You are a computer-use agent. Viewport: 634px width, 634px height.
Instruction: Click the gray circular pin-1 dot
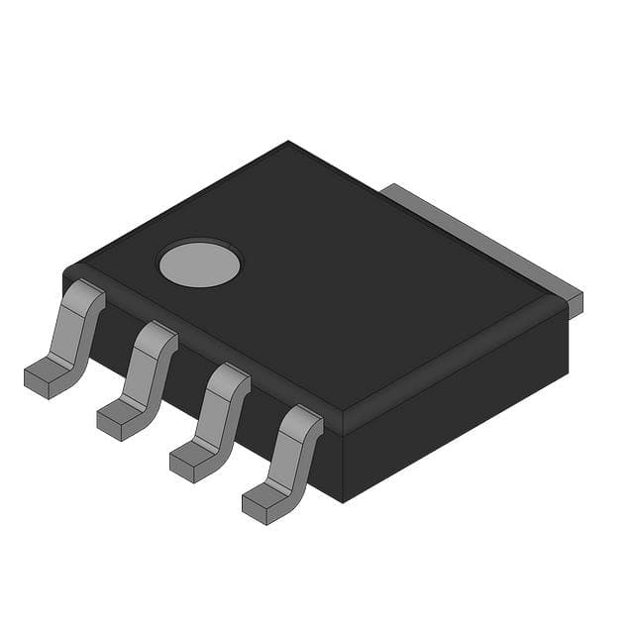pyautogui.click(x=199, y=263)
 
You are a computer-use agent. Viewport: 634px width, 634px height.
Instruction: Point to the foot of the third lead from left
pyautogui.click(x=191, y=462)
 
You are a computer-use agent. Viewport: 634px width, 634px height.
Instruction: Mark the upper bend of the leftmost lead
pyautogui.click(x=84, y=295)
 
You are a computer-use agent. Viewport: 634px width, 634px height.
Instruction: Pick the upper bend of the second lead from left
pyautogui.click(x=157, y=337)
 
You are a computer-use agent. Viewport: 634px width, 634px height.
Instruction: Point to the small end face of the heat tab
pyautogui.click(x=576, y=304)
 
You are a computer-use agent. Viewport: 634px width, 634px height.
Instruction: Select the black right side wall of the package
pyautogui.click(x=456, y=416)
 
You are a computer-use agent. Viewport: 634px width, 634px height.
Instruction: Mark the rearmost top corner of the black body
pyautogui.click(x=288, y=143)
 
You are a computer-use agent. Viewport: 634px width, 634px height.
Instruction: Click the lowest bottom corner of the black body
pyautogui.click(x=341, y=501)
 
